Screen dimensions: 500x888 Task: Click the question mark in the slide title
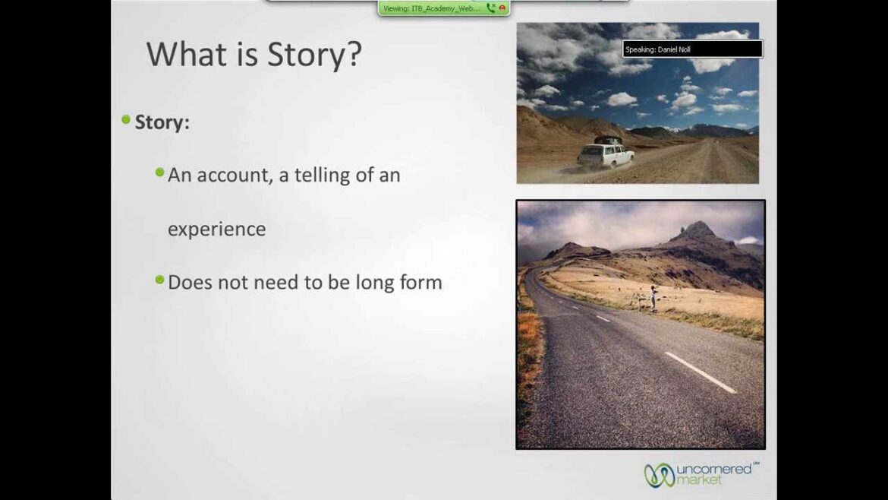pos(354,55)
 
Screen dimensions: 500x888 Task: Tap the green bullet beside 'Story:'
pos(126,119)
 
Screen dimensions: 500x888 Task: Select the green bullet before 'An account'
pos(159,172)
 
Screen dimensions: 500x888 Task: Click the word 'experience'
pos(216,229)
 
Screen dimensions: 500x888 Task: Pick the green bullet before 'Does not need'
pos(159,280)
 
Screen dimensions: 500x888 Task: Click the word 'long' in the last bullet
pos(376,283)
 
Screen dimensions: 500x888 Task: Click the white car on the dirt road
pos(605,155)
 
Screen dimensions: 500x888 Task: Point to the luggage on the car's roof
pos(606,140)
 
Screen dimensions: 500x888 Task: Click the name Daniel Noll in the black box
pos(674,49)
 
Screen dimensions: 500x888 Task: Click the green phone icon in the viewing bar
pos(490,8)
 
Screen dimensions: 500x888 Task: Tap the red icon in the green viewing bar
pos(502,8)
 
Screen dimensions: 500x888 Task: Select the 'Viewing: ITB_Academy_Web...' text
pos(431,8)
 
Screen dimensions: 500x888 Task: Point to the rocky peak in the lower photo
pos(697,229)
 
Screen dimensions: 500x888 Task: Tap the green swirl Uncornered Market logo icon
pos(659,475)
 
